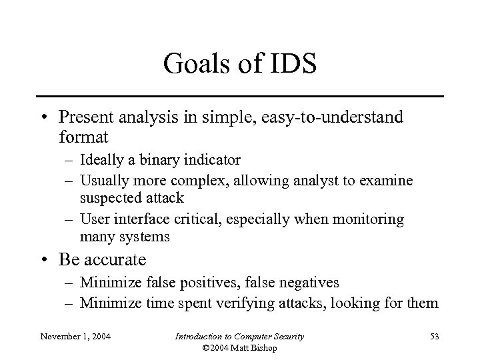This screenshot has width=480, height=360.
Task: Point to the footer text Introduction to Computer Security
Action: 239,336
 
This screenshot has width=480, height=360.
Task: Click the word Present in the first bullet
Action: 83,118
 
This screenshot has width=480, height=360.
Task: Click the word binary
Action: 155,161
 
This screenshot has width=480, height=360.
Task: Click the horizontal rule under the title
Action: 240,96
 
